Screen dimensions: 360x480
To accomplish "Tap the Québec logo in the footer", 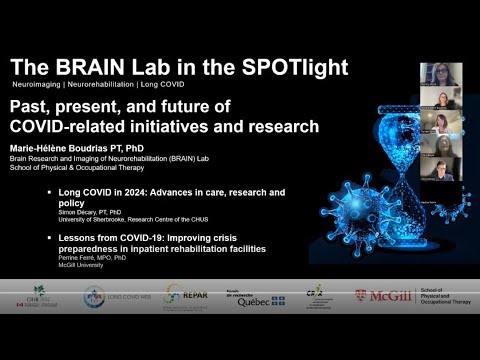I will pyautogui.click(x=252, y=298).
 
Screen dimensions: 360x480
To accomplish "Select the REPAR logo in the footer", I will pyautogui.click(x=185, y=296).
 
